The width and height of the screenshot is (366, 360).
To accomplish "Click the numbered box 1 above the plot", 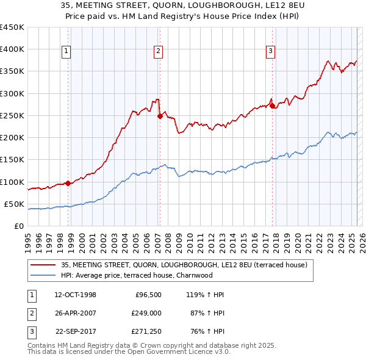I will point(66,51).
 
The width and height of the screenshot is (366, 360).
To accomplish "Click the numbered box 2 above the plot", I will point(158,51).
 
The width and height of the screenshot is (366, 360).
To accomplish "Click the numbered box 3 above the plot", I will point(270,51).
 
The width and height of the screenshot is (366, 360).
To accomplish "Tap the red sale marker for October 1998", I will point(68,183).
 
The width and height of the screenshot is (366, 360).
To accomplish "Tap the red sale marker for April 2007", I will point(160,115).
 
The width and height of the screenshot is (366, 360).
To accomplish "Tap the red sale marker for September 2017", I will point(272,106).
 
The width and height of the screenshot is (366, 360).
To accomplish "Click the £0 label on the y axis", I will point(18,226).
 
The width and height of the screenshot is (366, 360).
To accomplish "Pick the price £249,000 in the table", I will point(146,313).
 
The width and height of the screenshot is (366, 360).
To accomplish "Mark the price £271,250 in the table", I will point(146,331).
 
